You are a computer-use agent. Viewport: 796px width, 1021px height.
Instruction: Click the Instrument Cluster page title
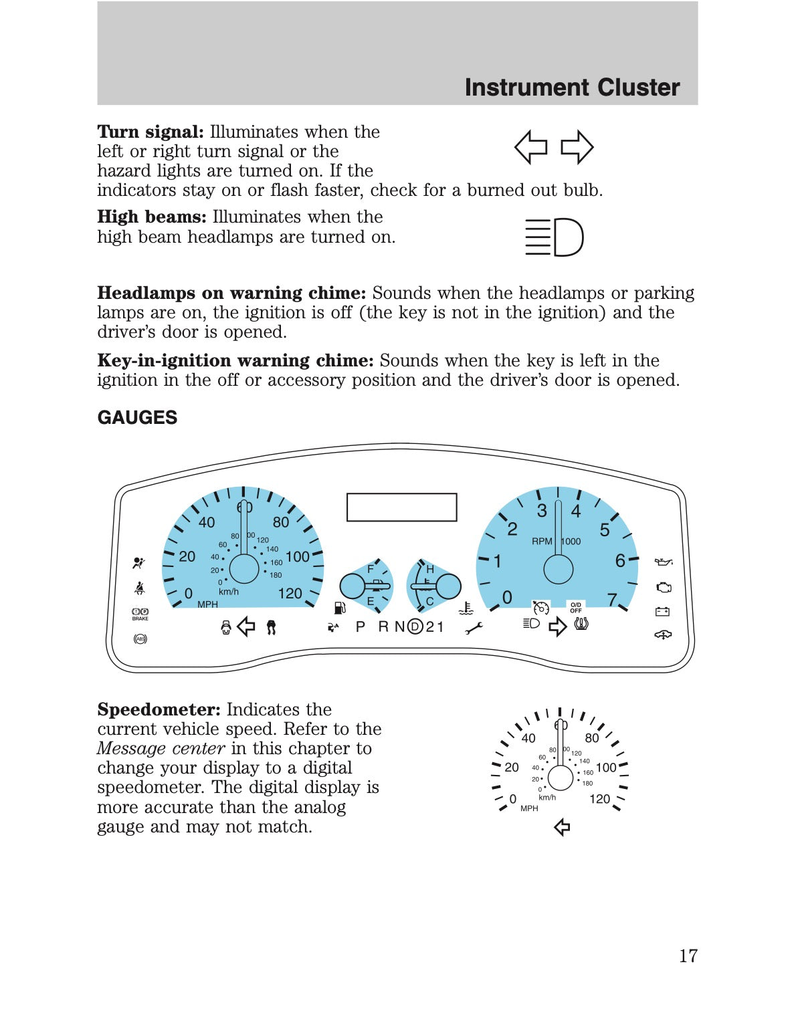pyautogui.click(x=572, y=88)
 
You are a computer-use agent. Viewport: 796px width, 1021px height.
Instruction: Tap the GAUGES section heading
pyautogui.click(x=137, y=418)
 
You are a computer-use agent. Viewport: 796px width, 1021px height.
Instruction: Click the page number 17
pyautogui.click(x=688, y=955)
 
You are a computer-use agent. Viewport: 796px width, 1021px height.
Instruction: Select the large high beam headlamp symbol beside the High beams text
pyautogui.click(x=554, y=237)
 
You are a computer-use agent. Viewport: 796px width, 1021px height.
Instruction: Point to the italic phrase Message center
pyautogui.click(x=161, y=748)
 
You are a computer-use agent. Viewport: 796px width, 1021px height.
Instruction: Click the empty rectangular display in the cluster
pyautogui.click(x=401, y=507)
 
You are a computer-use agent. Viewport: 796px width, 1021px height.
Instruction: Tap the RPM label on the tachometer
pyautogui.click(x=542, y=542)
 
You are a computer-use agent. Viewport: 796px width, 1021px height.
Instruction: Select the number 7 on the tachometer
pyautogui.click(x=611, y=599)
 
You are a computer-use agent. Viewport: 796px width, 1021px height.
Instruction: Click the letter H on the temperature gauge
pyautogui.click(x=430, y=569)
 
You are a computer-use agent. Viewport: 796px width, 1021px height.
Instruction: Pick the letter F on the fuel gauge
pyautogui.click(x=371, y=569)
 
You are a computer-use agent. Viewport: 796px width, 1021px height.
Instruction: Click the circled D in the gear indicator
pyautogui.click(x=415, y=627)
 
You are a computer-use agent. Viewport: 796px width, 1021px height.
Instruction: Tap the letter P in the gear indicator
pyautogui.click(x=361, y=627)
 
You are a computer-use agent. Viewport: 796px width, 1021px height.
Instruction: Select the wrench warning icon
pyautogui.click(x=474, y=628)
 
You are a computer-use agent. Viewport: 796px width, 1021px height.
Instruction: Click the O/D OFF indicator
pyautogui.click(x=575, y=608)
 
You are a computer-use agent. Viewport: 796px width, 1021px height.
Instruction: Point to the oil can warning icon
pyautogui.click(x=663, y=562)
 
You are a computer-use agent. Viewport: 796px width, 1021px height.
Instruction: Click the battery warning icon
pyautogui.click(x=662, y=611)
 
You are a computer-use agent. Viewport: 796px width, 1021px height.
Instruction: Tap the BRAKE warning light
pyautogui.click(x=140, y=614)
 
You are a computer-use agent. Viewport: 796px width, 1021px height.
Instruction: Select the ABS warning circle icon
pyautogui.click(x=140, y=639)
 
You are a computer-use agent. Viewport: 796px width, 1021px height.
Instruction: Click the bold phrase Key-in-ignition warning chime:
pyautogui.click(x=235, y=360)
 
